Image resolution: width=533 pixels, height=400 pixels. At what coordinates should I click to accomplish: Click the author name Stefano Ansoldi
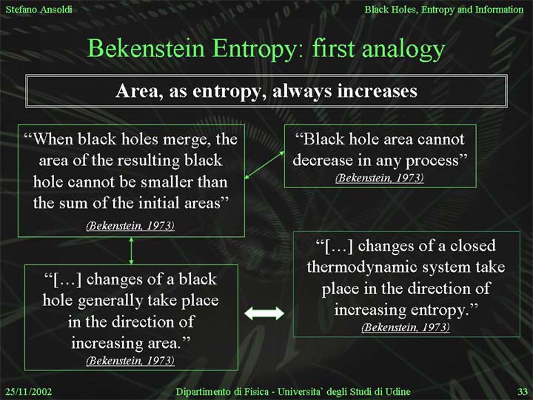click(x=38, y=9)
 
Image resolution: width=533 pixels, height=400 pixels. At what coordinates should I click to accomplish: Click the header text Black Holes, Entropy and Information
click(x=444, y=10)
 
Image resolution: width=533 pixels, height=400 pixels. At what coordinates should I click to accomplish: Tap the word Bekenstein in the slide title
click(x=146, y=48)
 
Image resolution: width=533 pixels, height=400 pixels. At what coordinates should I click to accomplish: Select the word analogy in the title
click(x=403, y=50)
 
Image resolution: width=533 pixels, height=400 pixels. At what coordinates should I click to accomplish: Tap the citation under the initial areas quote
click(x=130, y=226)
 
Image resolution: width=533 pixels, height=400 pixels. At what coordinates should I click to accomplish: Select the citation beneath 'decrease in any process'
click(x=379, y=178)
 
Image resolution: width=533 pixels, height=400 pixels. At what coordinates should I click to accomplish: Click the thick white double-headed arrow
click(x=264, y=313)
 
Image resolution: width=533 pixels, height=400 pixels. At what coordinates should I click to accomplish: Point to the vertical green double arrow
click(x=131, y=251)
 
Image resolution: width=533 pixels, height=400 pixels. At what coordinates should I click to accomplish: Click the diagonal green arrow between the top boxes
click(x=264, y=165)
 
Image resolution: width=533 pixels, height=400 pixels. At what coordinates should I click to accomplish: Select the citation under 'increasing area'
click(x=130, y=361)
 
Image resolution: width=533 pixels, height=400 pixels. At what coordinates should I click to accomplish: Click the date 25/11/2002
click(x=29, y=392)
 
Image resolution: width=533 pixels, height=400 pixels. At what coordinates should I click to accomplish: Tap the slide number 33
click(x=523, y=392)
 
